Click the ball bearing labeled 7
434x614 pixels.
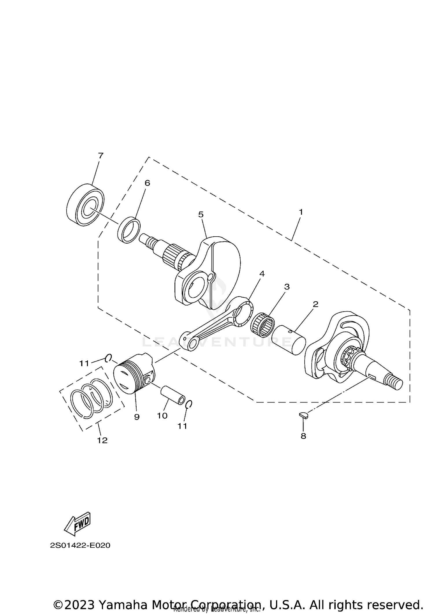pyautogui.click(x=85, y=205)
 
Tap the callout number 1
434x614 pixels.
pyautogui.click(x=301, y=212)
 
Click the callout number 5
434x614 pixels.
pyautogui.click(x=201, y=214)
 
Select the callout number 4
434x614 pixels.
pyautogui.click(x=262, y=273)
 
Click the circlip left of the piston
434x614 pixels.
pyautogui.click(x=108, y=358)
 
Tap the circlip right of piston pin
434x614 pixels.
pyautogui.click(x=189, y=404)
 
